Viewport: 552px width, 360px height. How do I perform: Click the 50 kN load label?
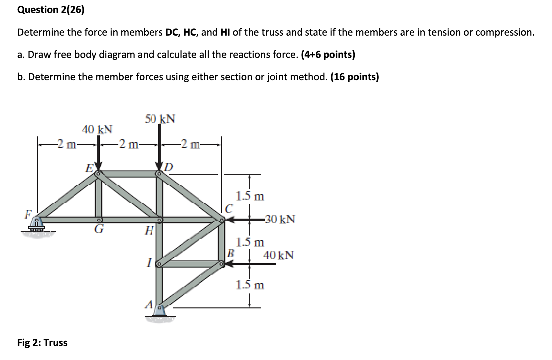coord(160,119)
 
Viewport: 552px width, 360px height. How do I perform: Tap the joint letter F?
coord(28,214)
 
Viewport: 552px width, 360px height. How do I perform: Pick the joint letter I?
coord(149,264)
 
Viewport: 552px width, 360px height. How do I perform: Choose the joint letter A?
coord(149,304)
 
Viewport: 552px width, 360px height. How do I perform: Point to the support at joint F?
coord(37,224)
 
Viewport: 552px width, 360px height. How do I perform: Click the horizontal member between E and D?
coord(128,174)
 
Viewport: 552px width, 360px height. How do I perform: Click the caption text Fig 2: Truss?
coord(42,343)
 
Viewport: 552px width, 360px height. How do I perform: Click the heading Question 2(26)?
coord(51,10)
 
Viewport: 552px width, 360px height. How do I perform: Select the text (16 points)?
coord(354,77)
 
